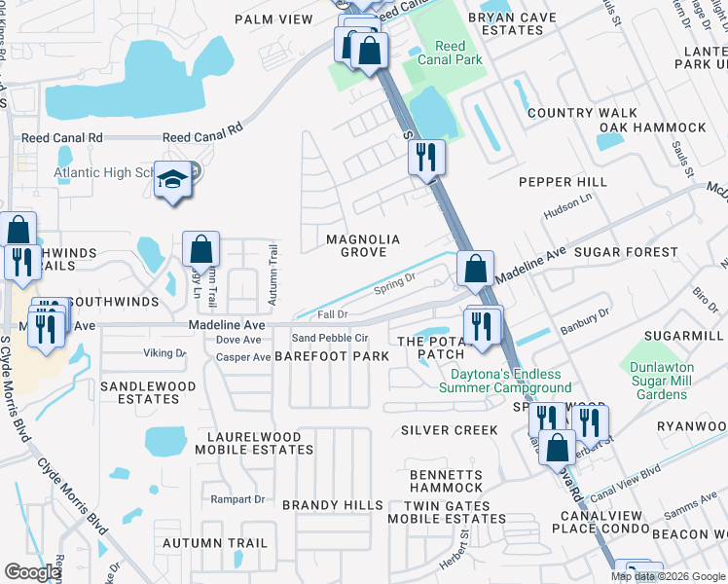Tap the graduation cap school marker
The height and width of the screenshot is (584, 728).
tap(173, 182)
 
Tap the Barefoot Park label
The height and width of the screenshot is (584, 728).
tap(332, 356)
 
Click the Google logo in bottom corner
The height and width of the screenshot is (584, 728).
tap(32, 572)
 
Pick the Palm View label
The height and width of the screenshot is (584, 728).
tap(273, 18)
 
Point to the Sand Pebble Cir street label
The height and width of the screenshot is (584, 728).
tap(331, 338)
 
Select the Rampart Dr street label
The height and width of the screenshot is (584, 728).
tap(237, 499)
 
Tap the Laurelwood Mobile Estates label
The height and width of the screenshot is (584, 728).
tap(254, 443)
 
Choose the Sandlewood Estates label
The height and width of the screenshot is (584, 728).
tap(148, 392)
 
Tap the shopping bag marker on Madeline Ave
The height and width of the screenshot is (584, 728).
tap(475, 270)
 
